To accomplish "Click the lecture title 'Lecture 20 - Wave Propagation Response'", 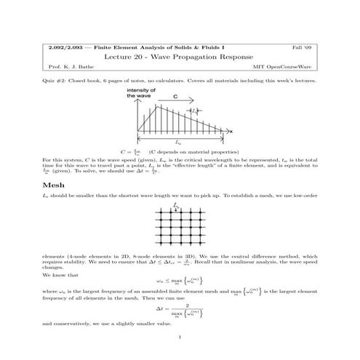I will [180, 55].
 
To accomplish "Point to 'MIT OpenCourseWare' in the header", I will [291, 66].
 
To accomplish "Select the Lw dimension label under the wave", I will [179, 143].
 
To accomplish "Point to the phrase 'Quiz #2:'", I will [55, 81].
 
